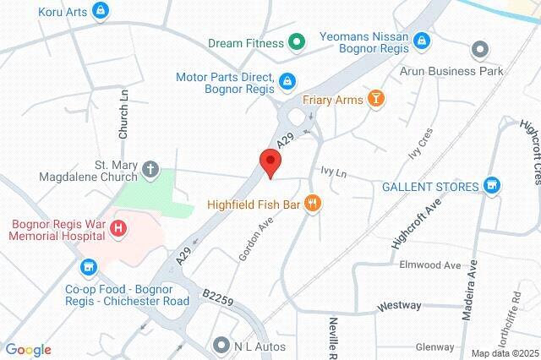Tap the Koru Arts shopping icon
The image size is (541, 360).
pos(101,11)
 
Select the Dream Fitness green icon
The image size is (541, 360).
pos(297,41)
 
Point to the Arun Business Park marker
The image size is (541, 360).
pos(480,49)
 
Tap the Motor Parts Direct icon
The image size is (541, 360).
pos(287,81)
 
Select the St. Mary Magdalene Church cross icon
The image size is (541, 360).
pos(150,169)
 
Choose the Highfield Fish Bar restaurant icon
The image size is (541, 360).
pos(314,202)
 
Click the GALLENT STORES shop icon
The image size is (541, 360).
pos(492,186)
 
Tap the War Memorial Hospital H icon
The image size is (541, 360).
pos(118,228)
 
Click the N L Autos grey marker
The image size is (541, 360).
pos(221,345)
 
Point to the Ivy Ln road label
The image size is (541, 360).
pos(334,172)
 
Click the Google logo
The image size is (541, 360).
pos(28,350)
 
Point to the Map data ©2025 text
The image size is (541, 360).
pos(504,353)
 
